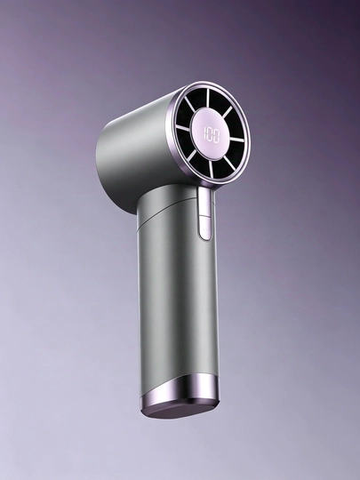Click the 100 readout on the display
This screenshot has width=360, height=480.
212,135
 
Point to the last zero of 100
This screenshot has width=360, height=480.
216,137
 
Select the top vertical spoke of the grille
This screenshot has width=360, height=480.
207,99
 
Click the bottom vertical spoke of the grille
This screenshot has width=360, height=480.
212,169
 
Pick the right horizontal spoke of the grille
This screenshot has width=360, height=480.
237,140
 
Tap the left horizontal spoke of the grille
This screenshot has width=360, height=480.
183,128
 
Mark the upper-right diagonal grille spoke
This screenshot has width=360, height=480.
228,112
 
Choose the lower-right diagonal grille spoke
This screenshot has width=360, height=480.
229,163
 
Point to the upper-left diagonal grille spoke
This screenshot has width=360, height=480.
190,104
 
